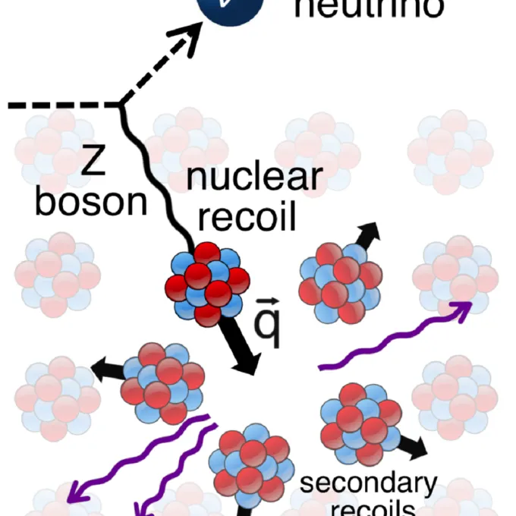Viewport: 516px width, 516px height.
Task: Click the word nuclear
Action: [255, 178]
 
